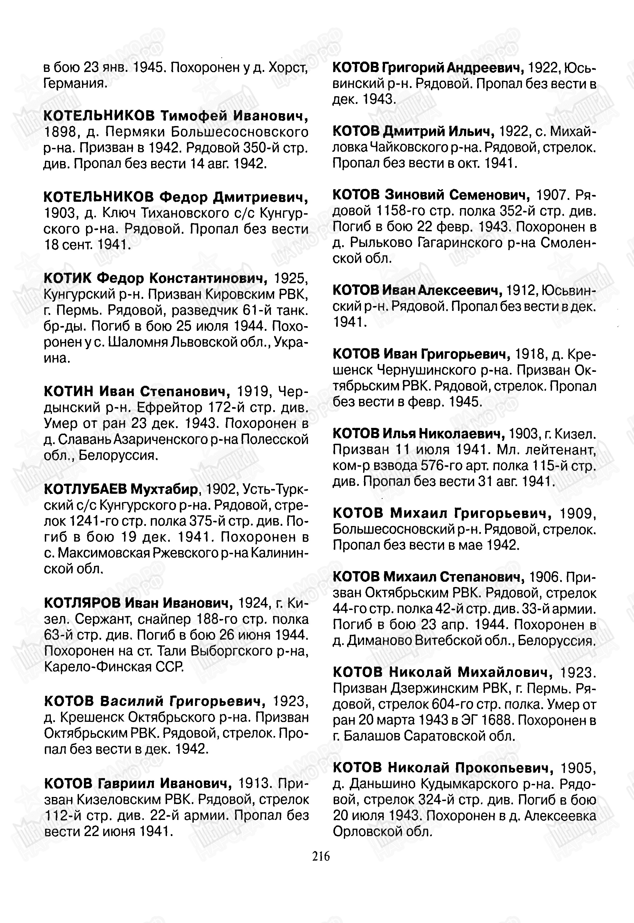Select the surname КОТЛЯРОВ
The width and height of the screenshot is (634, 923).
point(82,603)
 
